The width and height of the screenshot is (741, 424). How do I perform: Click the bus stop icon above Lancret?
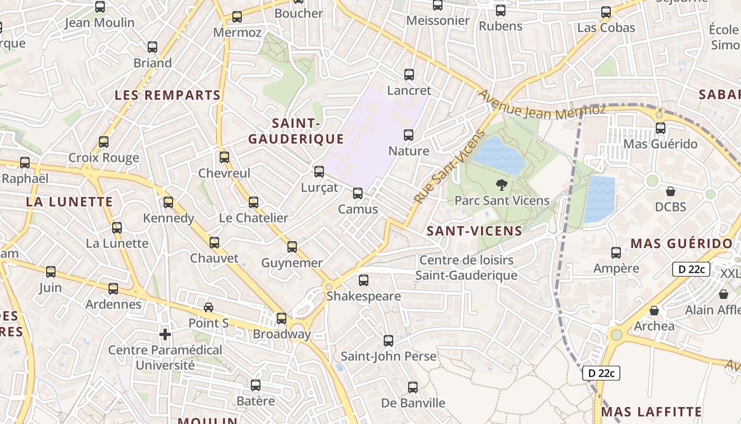(409, 75)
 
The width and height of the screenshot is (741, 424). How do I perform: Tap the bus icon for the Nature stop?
(409, 135)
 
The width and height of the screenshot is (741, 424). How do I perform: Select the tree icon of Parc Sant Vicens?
(501, 185)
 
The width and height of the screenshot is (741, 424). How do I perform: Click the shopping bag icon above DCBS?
(671, 191)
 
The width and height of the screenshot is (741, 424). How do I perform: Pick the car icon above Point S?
(209, 307)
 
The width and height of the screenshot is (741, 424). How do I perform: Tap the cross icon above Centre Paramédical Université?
(165, 334)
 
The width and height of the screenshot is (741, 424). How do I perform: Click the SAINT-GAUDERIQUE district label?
(296, 131)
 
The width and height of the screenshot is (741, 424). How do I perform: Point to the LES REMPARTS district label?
(168, 95)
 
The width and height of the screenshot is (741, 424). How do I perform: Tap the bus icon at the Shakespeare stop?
(363, 280)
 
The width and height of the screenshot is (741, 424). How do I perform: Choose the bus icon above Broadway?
(282, 319)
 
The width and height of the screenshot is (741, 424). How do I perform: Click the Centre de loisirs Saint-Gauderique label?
(466, 268)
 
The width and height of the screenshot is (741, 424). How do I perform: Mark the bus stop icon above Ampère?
(616, 253)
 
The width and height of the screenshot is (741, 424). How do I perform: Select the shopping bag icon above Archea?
(654, 311)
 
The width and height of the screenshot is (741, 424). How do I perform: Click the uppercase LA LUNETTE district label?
(69, 202)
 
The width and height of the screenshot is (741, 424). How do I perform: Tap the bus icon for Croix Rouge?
(104, 142)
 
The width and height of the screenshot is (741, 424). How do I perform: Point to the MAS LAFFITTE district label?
(652, 412)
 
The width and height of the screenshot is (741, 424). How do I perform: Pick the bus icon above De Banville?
(413, 387)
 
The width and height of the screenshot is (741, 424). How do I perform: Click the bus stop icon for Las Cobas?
(606, 12)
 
